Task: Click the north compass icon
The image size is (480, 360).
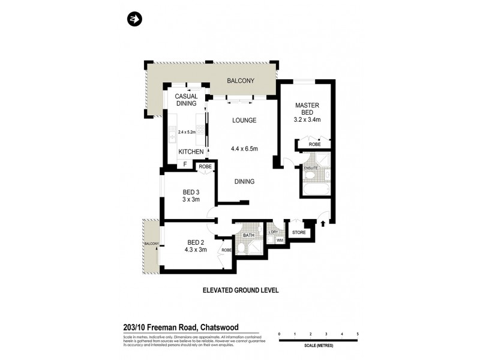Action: [x=134, y=20]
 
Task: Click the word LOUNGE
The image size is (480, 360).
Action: [x=244, y=121]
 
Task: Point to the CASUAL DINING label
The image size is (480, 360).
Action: [x=186, y=100]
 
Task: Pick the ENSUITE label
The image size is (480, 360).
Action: [x=310, y=168]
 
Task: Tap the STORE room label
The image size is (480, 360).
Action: [x=299, y=232]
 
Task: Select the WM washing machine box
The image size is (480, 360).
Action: [x=279, y=241]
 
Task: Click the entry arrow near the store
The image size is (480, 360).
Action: [x=323, y=224]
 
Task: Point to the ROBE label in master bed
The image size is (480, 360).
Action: [x=314, y=145]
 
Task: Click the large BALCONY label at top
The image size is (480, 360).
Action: [x=241, y=81]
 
